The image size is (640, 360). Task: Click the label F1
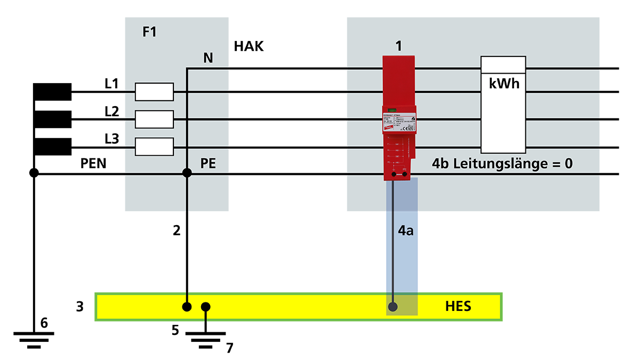(149, 32)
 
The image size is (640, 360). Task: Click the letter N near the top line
(208, 58)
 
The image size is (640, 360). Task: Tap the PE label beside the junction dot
(208, 163)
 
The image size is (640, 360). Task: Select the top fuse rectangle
(154, 92)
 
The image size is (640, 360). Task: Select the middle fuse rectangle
(154, 119)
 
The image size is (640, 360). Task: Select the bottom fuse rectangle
(154, 147)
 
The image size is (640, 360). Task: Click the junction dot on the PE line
(187, 173)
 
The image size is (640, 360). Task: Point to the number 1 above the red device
(398, 46)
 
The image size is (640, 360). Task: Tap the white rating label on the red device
(398, 122)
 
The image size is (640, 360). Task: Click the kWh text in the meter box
(504, 84)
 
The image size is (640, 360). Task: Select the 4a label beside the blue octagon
(406, 231)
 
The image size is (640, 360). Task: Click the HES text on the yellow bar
(458, 307)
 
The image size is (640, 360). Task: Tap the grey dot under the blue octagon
(393, 307)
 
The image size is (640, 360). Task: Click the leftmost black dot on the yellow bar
(187, 307)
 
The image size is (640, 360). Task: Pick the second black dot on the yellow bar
(205, 307)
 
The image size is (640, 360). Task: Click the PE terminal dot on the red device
(404, 174)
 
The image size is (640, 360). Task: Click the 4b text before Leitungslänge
(442, 163)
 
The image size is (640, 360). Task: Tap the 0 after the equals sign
(569, 163)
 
